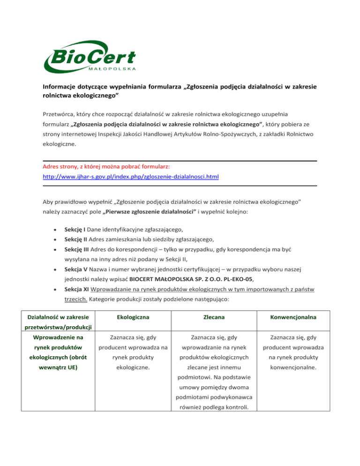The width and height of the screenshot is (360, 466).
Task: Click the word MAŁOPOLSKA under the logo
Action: (x=112, y=68)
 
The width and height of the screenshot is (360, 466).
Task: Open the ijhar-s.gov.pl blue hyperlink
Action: (x=131, y=177)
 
